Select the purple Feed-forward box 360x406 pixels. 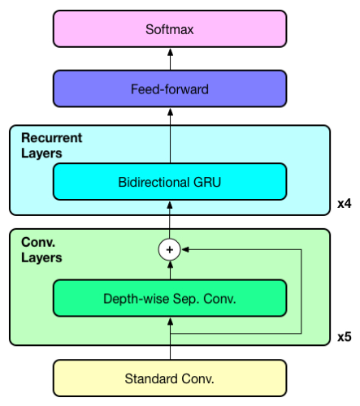point(170,89)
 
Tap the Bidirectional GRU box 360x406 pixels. point(170,181)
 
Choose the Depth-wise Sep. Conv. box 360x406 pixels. point(170,298)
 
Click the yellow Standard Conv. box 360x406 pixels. point(170,378)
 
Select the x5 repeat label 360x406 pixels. point(344,335)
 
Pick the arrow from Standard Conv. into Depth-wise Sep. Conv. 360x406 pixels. point(170,345)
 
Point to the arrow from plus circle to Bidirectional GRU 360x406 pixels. point(170,220)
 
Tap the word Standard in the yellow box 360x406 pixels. point(147,378)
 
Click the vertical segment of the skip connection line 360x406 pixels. point(301,292)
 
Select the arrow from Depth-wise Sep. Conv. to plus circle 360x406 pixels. point(170,270)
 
